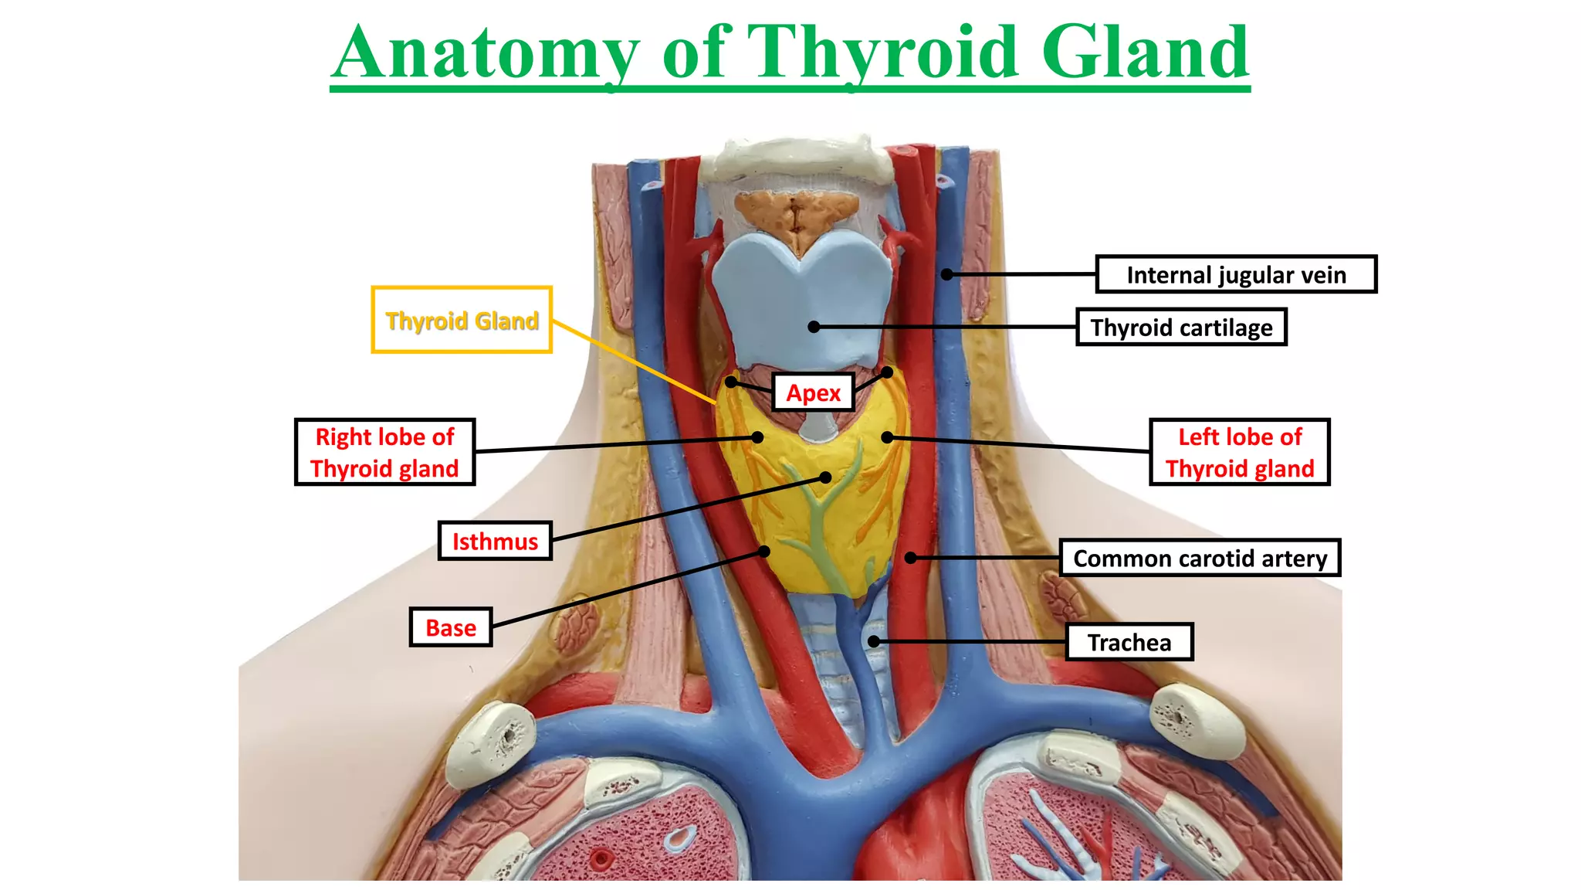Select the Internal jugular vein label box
pyautogui.click(x=1236, y=274)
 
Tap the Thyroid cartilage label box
pyautogui.click(x=1181, y=327)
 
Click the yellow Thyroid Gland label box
pyautogui.click(x=462, y=320)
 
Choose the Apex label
pyautogui.click(x=813, y=392)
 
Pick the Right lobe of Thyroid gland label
pyautogui.click(x=384, y=452)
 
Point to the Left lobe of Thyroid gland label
pyautogui.click(x=1240, y=452)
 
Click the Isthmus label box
pyautogui.click(x=495, y=541)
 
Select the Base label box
pyautogui.click(x=451, y=627)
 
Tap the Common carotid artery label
pyautogui.click(x=1200, y=558)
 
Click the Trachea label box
pyautogui.click(x=1129, y=642)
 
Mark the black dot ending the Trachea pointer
pyautogui.click(x=873, y=641)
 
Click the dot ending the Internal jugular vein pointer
pyautogui.click(x=946, y=274)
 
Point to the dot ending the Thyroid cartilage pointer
pyautogui.click(x=814, y=327)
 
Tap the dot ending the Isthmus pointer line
pyautogui.click(x=825, y=477)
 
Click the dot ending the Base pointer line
pyautogui.click(x=764, y=551)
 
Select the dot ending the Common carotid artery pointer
pyautogui.click(x=911, y=557)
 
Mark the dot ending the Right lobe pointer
pyautogui.click(x=758, y=437)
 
